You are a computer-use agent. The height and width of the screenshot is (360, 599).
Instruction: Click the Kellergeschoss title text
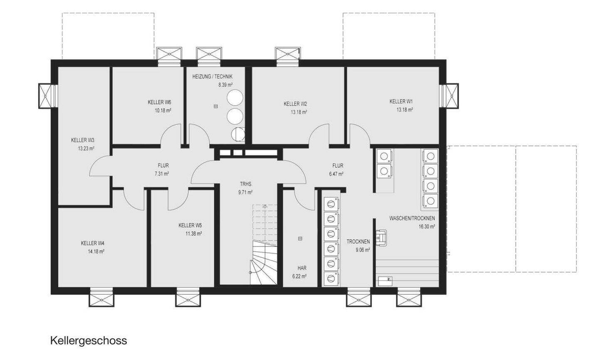point(89,341)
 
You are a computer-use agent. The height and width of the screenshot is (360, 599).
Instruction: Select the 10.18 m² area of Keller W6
point(163,111)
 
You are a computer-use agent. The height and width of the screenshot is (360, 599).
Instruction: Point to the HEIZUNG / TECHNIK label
point(212,77)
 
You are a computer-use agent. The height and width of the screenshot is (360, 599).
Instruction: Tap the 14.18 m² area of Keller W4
point(96,252)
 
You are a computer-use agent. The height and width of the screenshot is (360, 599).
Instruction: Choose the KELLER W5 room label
point(190,226)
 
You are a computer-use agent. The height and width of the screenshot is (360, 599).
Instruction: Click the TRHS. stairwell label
point(246,184)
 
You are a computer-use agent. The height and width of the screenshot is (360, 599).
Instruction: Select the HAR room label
point(302,268)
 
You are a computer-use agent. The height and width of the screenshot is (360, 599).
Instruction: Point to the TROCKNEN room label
point(358,242)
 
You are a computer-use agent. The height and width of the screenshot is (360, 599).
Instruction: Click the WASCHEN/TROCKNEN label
point(412,218)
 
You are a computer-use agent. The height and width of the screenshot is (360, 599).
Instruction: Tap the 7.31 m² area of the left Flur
point(162,174)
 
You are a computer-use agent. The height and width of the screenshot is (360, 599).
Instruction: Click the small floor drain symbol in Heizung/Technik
point(215,106)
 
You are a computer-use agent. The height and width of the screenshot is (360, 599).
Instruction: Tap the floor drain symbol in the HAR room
point(300,239)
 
